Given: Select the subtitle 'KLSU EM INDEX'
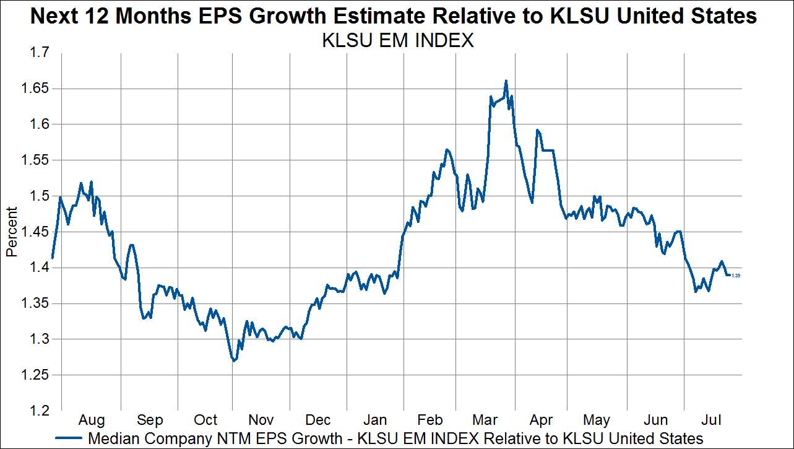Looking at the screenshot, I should point(397,41).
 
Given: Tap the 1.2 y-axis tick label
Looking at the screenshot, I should point(38,411).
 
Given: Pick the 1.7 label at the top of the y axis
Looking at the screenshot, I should point(38,53).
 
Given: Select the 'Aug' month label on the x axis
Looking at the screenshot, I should point(92,420).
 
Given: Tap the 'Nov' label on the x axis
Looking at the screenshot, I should point(261,420).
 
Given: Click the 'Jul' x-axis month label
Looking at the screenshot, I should point(712,420).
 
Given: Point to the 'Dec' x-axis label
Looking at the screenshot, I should point(318,420).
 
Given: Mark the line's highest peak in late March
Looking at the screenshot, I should point(506,81).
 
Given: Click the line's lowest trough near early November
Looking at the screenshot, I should point(234,360).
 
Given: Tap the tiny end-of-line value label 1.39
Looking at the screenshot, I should point(736,276).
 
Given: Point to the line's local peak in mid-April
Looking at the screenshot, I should point(537,130).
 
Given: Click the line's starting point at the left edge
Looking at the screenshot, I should point(53,258).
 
